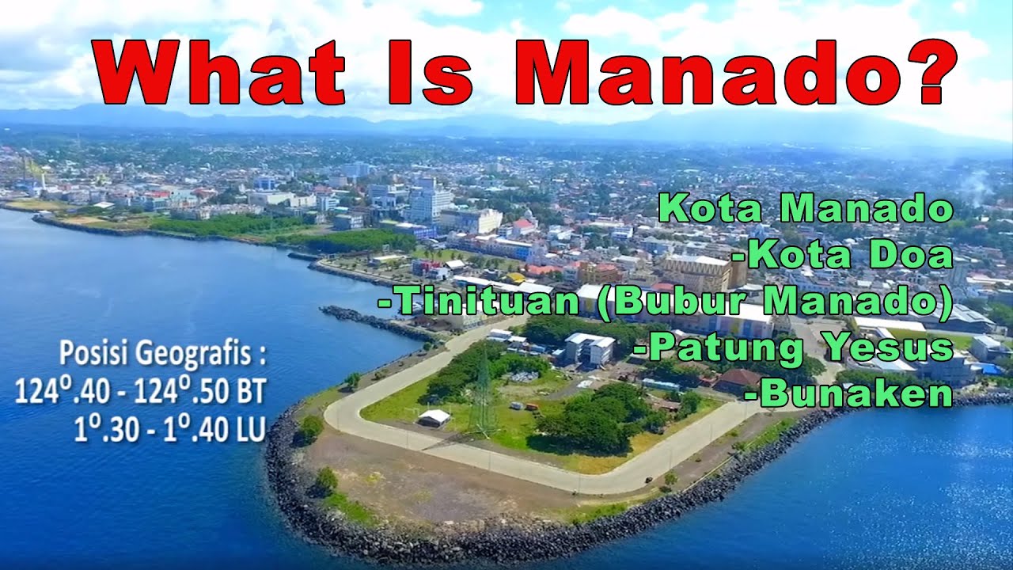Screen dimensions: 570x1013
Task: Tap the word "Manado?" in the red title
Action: tap(736, 71)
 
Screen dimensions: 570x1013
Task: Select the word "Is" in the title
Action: tap(431, 71)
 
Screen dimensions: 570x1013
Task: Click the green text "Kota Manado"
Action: tap(806, 209)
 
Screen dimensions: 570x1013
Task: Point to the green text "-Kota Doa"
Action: tap(843, 255)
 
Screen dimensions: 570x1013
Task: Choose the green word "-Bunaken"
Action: tap(855, 393)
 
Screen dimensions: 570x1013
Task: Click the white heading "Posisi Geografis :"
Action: tap(162, 354)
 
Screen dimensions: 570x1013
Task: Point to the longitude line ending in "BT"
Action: tap(140, 391)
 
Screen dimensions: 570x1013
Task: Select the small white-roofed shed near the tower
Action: tap(433, 418)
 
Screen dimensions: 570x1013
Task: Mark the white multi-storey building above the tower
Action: tap(589, 348)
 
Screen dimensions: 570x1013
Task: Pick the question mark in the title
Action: tap(924, 71)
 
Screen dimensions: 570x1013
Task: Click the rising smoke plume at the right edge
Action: tap(981, 186)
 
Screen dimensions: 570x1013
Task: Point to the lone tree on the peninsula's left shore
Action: tap(324, 480)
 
